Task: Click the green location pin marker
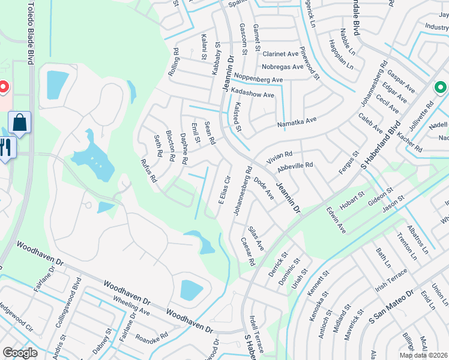pyautogui.click(x=440, y=88)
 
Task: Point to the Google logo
pyautogui.click(x=20, y=352)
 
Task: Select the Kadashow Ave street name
pyautogui.click(x=253, y=95)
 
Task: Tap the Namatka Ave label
pyautogui.click(x=297, y=122)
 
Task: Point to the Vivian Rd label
pyautogui.click(x=279, y=155)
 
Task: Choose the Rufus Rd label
pyautogui.click(x=148, y=170)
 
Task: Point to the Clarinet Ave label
pyautogui.click(x=280, y=53)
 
